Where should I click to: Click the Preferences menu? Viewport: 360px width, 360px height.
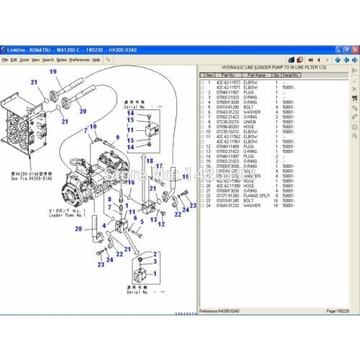click(x=78, y=60)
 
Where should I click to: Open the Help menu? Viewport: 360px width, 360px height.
click(x=96, y=60)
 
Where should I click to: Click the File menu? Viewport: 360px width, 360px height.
click(x=7, y=60)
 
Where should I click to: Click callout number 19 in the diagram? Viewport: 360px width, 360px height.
click(x=53, y=71)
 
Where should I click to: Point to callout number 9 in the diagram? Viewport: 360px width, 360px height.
click(x=117, y=136)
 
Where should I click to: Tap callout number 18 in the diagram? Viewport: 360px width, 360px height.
click(x=150, y=161)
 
